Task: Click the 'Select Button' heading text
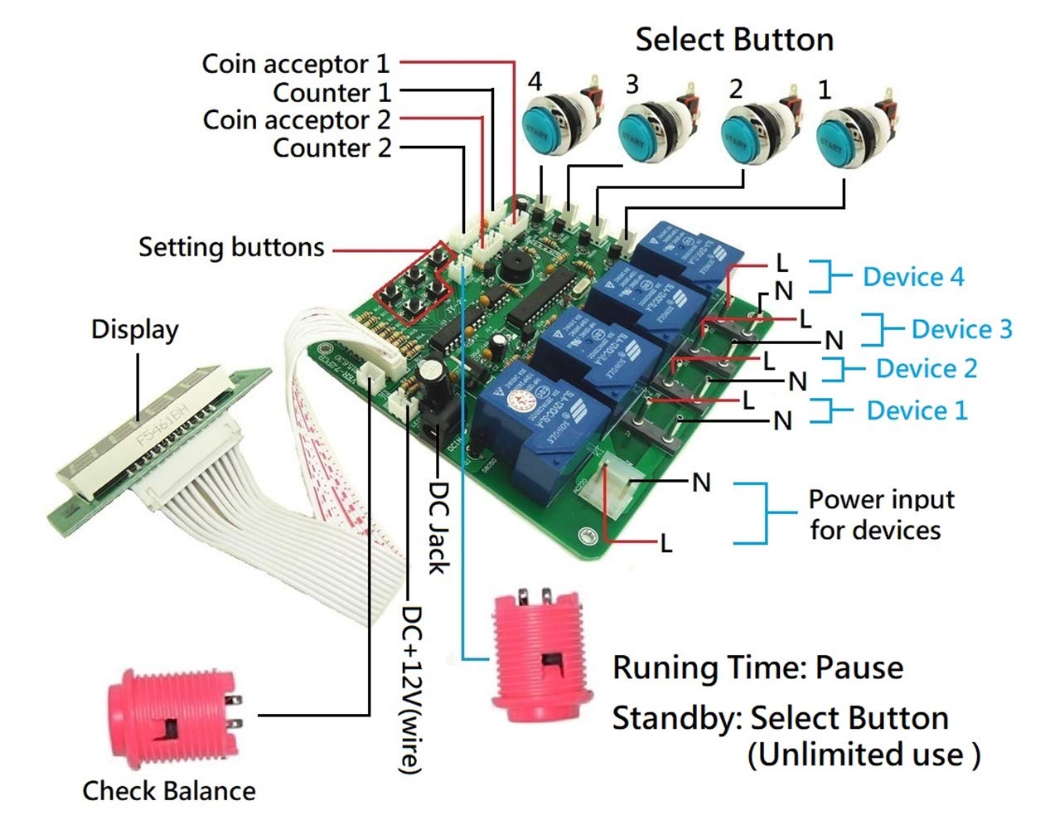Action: coord(733,40)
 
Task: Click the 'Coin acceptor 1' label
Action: coord(295,64)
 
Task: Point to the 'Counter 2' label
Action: coord(331,148)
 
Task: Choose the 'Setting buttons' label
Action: coord(231,247)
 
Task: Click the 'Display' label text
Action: coord(134,329)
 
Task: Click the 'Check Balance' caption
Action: coord(169,791)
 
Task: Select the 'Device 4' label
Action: coord(913,277)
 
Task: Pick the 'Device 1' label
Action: coord(917,410)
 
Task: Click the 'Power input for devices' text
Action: coord(880,515)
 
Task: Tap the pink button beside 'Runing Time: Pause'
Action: coord(541,659)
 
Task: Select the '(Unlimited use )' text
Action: coord(864,755)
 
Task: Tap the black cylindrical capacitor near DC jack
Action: coord(432,384)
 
